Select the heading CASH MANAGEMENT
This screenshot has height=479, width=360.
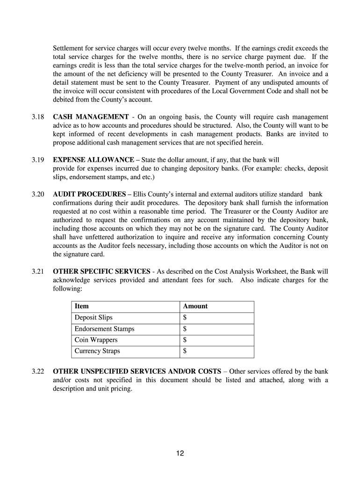pyautogui.click(x=91, y=116)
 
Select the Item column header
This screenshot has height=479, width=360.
pyautogui.click(x=81, y=306)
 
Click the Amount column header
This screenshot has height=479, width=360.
pyautogui.click(x=195, y=306)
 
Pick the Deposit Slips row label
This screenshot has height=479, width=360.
pyautogui.click(x=94, y=318)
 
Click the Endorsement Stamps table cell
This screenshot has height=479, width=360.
pyautogui.click(x=104, y=329)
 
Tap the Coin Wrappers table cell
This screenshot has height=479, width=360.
pyautogui.click(x=96, y=340)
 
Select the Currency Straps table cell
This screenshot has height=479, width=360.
pyautogui.click(x=97, y=351)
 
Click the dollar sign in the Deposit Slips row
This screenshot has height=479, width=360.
pyautogui.click(x=185, y=318)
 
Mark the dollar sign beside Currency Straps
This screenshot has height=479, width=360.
pyautogui.click(x=185, y=351)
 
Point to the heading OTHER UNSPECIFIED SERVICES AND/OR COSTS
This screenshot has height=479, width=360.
pyautogui.click(x=137, y=371)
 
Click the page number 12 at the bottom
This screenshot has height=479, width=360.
pyautogui.click(x=180, y=453)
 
